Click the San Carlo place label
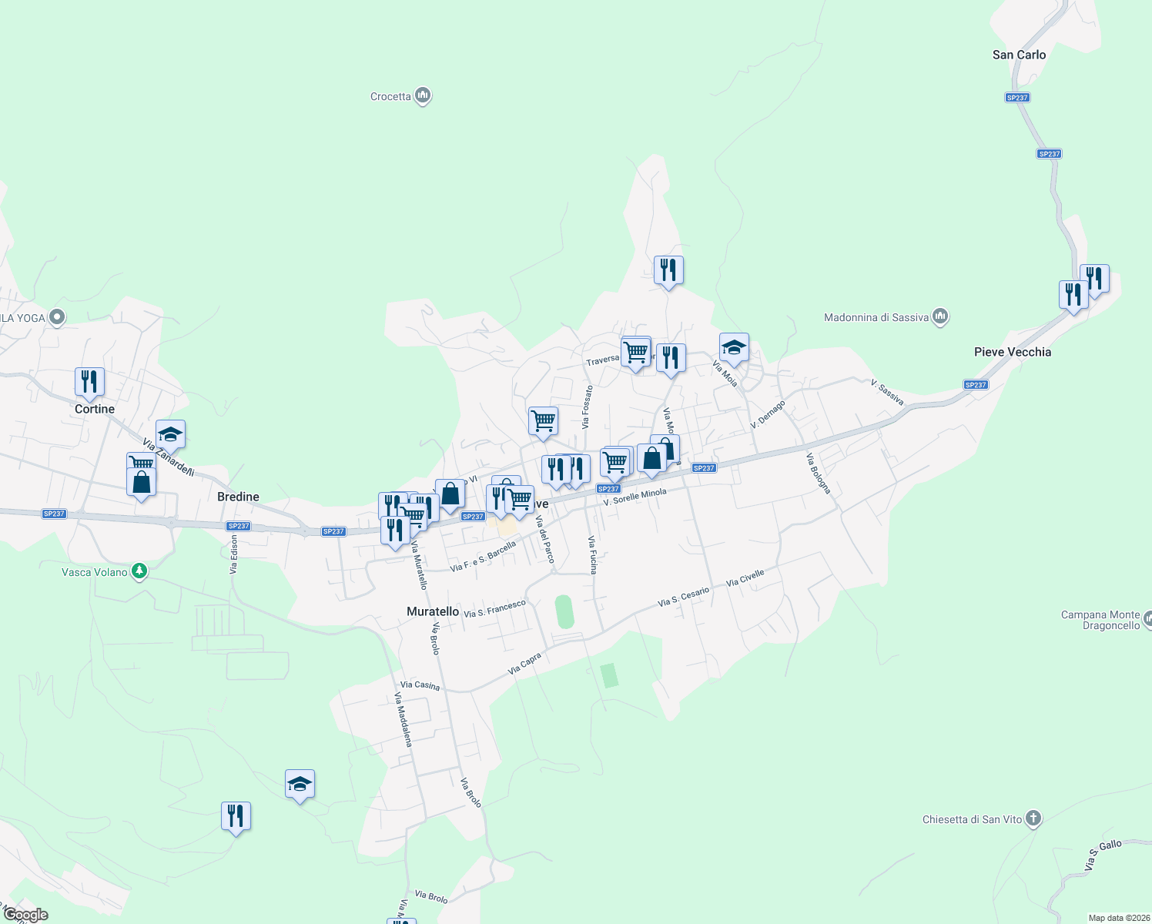(1019, 55)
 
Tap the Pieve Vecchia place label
(1012, 352)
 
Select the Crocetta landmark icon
(422, 95)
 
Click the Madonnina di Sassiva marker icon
(939, 316)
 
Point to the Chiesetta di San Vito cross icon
(1033, 819)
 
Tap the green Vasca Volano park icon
(139, 571)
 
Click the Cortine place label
(95, 409)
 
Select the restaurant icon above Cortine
(90, 381)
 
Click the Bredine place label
(238, 497)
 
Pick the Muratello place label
(433, 611)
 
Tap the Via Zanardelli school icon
(170, 434)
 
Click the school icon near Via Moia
(734, 347)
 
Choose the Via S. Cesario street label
(683, 597)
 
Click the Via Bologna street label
(819, 473)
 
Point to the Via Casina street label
(420, 685)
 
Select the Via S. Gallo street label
(1103, 856)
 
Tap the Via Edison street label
(233, 554)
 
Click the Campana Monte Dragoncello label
(1100, 620)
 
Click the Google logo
(25, 915)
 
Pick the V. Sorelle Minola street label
(635, 497)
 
